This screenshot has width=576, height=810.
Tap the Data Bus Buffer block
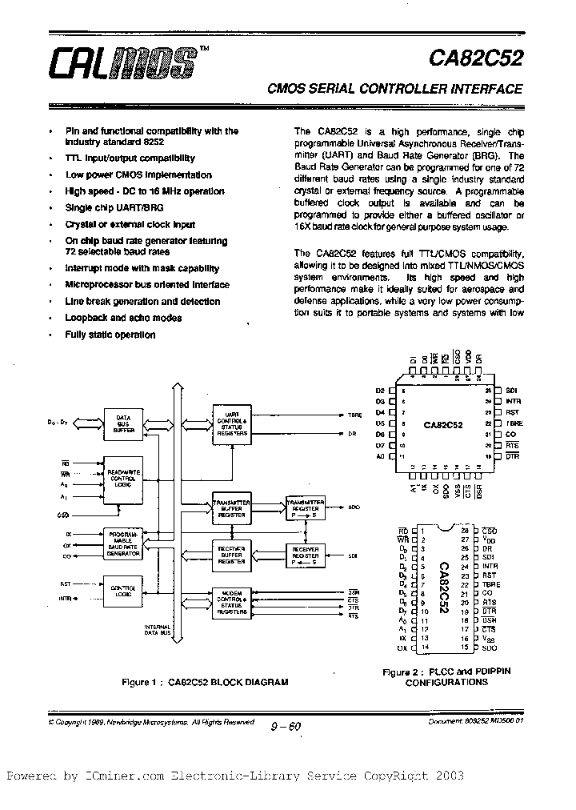(123, 423)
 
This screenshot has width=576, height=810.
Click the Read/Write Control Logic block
(123, 481)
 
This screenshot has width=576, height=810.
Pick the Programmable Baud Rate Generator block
(123, 543)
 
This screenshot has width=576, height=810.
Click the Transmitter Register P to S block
(305, 507)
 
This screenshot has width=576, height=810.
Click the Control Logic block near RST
(123, 591)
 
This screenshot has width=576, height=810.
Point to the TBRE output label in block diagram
(355, 415)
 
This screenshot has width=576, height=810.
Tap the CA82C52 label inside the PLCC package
(443, 426)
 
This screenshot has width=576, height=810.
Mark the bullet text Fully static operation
(110, 335)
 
